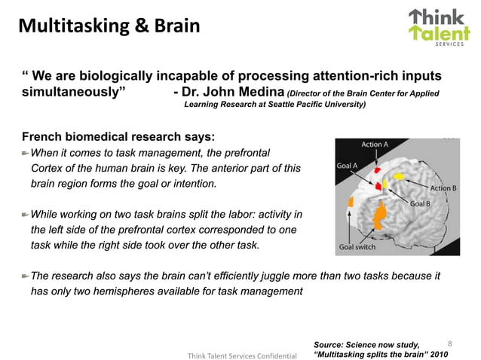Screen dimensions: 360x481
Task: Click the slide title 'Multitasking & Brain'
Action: point(109,28)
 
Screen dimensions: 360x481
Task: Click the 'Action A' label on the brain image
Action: point(375,144)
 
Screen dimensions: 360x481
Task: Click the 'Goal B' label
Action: point(421,204)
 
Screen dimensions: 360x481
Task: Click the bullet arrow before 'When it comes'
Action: point(24,154)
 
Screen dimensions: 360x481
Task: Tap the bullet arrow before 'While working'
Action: point(24,215)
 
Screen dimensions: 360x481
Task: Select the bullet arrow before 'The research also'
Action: point(24,276)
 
